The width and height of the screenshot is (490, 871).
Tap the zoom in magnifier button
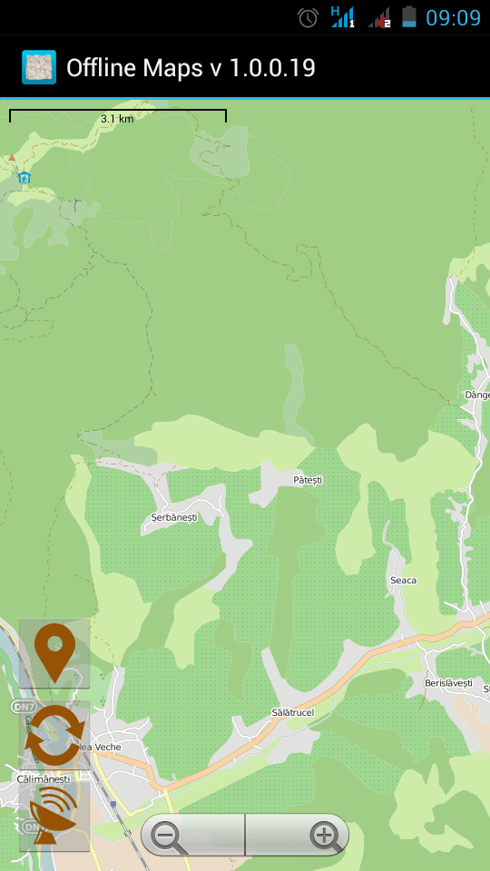click(x=323, y=835)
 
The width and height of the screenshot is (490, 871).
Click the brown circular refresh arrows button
click(x=54, y=736)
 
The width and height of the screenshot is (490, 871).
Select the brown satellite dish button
click(x=54, y=817)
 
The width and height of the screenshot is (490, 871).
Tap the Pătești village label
click(x=308, y=479)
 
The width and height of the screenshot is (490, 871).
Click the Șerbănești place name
click(x=173, y=517)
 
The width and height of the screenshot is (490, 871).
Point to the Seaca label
click(x=403, y=580)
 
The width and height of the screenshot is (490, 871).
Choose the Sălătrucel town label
click(x=292, y=712)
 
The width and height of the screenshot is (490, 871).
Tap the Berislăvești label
click(x=448, y=682)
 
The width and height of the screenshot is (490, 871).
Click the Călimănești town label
click(x=43, y=778)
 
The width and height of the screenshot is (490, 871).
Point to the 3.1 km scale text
click(x=117, y=119)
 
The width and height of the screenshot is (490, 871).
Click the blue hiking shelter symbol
click(x=24, y=178)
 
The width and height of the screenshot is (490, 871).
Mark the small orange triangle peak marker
click(x=12, y=158)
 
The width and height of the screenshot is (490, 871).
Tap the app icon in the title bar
click(x=38, y=67)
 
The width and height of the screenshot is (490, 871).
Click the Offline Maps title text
click(x=191, y=68)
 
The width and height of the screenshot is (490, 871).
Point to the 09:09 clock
click(x=453, y=17)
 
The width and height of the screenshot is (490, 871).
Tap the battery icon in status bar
click(x=409, y=16)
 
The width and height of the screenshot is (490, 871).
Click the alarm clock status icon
click(x=308, y=17)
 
